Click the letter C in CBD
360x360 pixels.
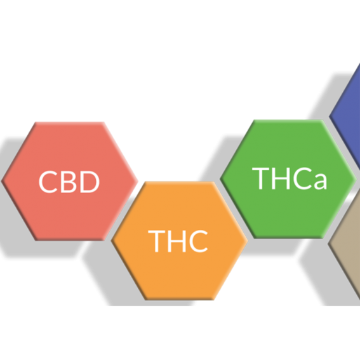48,182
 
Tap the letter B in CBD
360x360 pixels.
69,182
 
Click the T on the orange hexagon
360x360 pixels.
157,241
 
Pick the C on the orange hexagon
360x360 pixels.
198,241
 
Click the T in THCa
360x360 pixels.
260,179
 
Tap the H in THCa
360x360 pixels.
281,179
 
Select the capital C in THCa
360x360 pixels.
302,179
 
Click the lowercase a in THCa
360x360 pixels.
321,182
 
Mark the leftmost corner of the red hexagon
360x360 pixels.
1,181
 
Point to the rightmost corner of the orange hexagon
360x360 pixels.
248,241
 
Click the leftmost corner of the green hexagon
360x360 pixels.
220,179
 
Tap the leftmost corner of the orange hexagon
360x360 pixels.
111,241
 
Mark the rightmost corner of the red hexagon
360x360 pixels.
138,181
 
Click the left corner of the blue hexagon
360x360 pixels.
329,117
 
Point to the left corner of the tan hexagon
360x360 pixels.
328,244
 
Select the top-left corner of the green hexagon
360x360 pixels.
254,120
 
